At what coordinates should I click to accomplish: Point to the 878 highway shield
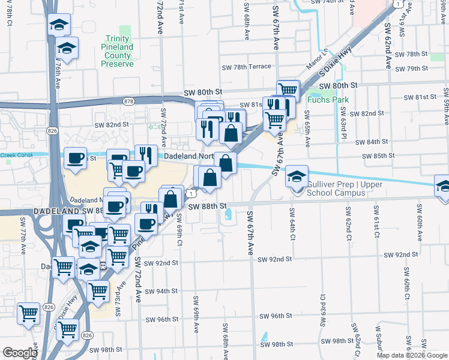(x=127, y=101)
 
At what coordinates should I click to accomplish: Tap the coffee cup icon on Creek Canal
(x=75, y=158)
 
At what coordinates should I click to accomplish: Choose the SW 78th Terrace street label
(x=246, y=67)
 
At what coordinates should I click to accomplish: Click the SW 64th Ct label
(x=292, y=224)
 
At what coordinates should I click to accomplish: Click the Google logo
(x=20, y=352)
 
